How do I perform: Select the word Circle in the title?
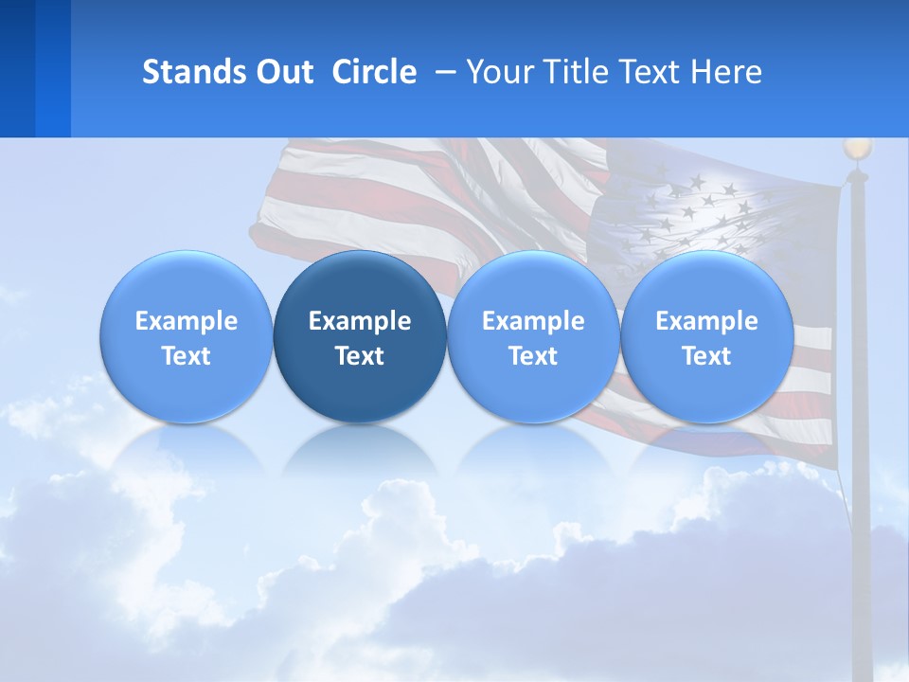pyautogui.click(x=374, y=72)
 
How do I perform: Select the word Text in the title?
pyautogui.click(x=650, y=72)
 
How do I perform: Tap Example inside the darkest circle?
pyautogui.click(x=360, y=321)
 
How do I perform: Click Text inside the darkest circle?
pyautogui.click(x=360, y=356)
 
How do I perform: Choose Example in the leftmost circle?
pyautogui.click(x=187, y=321)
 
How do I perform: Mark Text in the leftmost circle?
pyautogui.click(x=187, y=356)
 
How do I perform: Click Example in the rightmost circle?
pyautogui.click(x=706, y=321)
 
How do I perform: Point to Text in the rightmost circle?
pyautogui.click(x=706, y=356)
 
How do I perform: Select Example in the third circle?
pyautogui.click(x=533, y=321)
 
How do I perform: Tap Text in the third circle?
pyautogui.click(x=533, y=356)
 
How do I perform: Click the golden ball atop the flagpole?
pyautogui.click(x=857, y=149)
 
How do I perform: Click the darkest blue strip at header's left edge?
pyautogui.click(x=17, y=68)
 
